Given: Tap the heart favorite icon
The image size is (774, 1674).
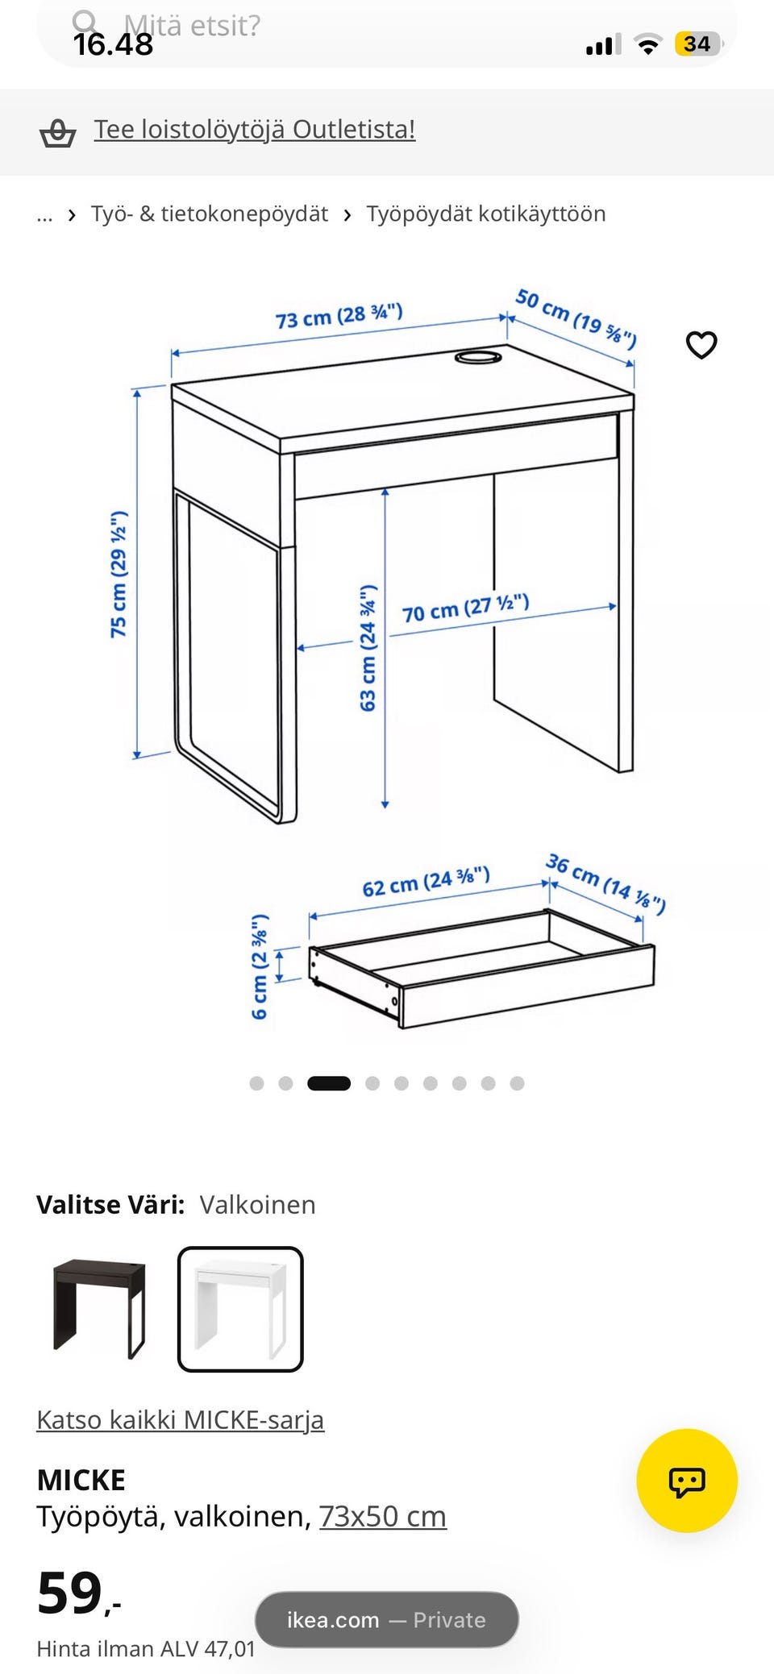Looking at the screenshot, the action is point(701,345).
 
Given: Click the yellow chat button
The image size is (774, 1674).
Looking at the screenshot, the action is point(687,1481).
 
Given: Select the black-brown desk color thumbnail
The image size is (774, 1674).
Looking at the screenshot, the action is point(99,1308).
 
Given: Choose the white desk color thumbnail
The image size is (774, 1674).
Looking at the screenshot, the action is point(240,1309).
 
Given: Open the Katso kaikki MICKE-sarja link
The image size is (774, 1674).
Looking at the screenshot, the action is point(181,1419).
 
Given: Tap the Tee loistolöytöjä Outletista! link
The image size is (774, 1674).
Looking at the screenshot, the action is point(255,129).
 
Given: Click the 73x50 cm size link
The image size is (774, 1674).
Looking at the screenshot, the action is point(383,1516).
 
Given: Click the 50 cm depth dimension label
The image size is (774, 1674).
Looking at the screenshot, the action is point(576,318).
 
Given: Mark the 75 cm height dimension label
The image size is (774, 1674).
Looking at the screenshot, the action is point(119,574).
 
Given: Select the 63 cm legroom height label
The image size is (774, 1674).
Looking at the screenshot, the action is point(368,648).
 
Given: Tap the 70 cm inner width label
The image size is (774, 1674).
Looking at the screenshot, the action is point(465,608).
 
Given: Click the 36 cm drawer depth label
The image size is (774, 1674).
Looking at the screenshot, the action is point(605,883).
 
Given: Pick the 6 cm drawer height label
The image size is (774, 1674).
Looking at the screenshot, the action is point(259,966).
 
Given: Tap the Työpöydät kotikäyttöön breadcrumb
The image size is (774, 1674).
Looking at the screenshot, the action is point(486,214).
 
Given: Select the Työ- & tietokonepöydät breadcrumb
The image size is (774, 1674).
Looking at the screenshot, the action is point(210,214).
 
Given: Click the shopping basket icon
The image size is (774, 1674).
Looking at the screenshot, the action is point(57,132).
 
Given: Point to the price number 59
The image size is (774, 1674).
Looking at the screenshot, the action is point(69,1593).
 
